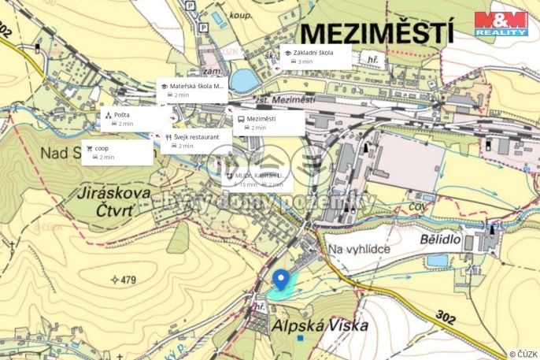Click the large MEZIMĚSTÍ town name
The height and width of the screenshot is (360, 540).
pos(377,34)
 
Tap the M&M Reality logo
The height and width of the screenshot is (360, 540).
pos(501,24)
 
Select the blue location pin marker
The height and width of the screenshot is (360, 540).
pos(279,280)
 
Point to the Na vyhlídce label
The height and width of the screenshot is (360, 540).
pos(360,249)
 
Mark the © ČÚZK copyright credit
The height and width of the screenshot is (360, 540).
pos(523,354)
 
